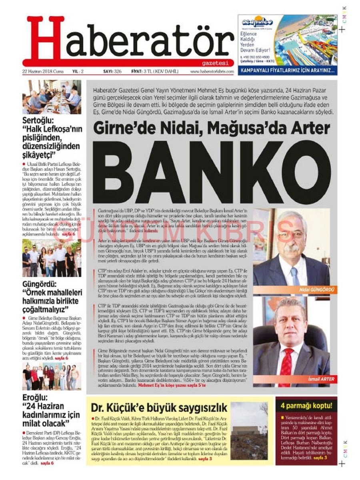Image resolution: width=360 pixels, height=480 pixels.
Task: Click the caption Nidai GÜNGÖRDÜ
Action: [x=312, y=289]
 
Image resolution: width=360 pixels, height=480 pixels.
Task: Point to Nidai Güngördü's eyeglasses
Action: [x=291, y=235]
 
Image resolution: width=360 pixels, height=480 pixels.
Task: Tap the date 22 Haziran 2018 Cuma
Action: [x=41, y=72]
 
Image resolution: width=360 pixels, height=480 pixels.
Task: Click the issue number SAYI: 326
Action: [x=112, y=72]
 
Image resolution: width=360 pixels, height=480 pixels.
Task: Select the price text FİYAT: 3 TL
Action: [x=143, y=72]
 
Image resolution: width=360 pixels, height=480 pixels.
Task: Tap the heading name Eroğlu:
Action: [x=35, y=398]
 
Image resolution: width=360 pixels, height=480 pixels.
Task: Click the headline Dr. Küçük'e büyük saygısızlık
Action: [x=159, y=408]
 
